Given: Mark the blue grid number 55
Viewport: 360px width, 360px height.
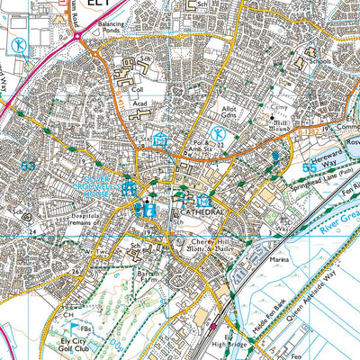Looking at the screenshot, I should click(x=310, y=167).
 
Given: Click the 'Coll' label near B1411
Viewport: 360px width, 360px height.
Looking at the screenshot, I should click(x=138, y=90).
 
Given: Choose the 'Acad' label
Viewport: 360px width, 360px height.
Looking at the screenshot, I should click(x=139, y=104).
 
